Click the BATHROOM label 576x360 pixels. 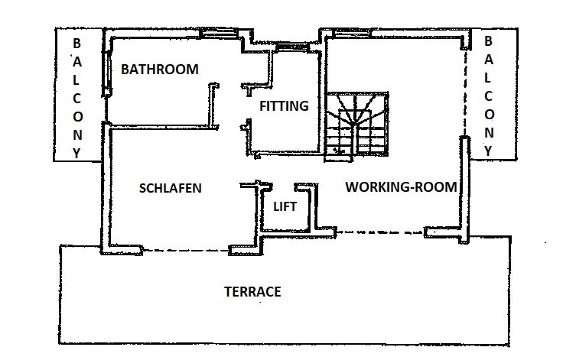point(160,70)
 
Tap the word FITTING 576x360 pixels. point(284,106)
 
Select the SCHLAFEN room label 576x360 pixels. point(171,188)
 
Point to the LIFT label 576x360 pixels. point(285,206)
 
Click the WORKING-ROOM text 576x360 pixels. point(401,187)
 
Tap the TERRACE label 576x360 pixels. point(252,292)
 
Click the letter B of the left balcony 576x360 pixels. point(76,44)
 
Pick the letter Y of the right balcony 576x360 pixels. point(488,151)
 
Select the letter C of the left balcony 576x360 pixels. point(76,99)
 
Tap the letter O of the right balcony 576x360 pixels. point(489,115)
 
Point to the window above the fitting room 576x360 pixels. point(292,47)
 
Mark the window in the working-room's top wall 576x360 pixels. point(352,33)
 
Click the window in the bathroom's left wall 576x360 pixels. point(108,73)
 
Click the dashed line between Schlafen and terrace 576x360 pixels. point(186,251)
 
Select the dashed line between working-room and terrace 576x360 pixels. point(380,232)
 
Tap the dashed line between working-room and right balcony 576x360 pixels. point(465,92)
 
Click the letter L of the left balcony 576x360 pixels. point(76,80)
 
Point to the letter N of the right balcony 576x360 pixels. point(489,133)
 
